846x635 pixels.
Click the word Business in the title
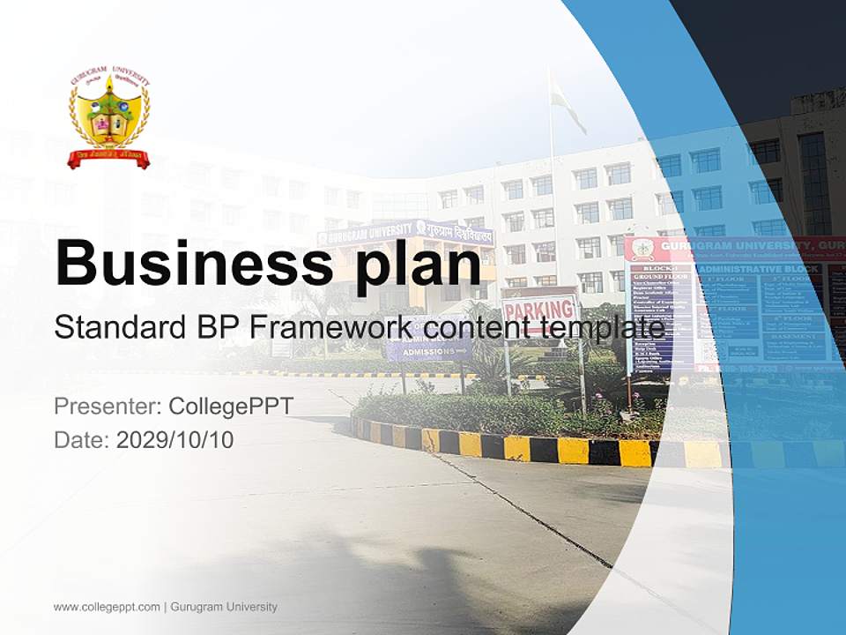pyautogui.click(x=188, y=263)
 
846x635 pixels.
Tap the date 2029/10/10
pyautogui.click(x=174, y=439)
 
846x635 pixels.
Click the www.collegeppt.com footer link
pyautogui.click(x=107, y=607)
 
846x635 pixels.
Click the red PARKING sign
pyautogui.click(x=538, y=310)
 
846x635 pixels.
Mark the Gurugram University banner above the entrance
pyautogui.click(x=405, y=233)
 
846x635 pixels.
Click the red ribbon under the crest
pyautogui.click(x=108, y=160)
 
